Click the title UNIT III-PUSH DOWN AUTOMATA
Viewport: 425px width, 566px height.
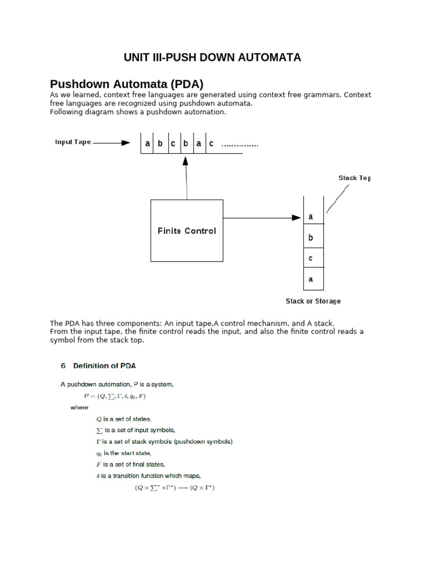point(212,57)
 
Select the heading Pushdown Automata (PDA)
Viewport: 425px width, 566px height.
point(127,84)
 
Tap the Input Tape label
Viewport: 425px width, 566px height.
point(72,142)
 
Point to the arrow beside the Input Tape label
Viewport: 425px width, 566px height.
point(112,143)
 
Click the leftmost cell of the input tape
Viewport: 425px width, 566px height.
point(147,143)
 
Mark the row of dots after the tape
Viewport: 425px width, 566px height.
point(240,145)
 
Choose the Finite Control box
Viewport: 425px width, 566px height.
point(187,230)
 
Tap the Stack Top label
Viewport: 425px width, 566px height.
point(355,178)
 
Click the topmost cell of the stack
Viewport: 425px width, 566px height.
point(313,217)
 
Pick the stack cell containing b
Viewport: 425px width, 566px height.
point(313,238)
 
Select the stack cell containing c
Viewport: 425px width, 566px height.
point(313,259)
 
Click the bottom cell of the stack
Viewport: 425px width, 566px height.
point(313,279)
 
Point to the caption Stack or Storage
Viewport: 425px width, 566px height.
point(313,301)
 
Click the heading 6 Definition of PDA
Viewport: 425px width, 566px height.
point(98,366)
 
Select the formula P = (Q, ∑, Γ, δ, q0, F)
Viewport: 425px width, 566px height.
point(115,396)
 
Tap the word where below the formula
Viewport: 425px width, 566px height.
point(79,407)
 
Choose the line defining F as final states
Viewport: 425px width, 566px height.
point(131,464)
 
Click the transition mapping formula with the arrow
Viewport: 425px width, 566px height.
point(175,488)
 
